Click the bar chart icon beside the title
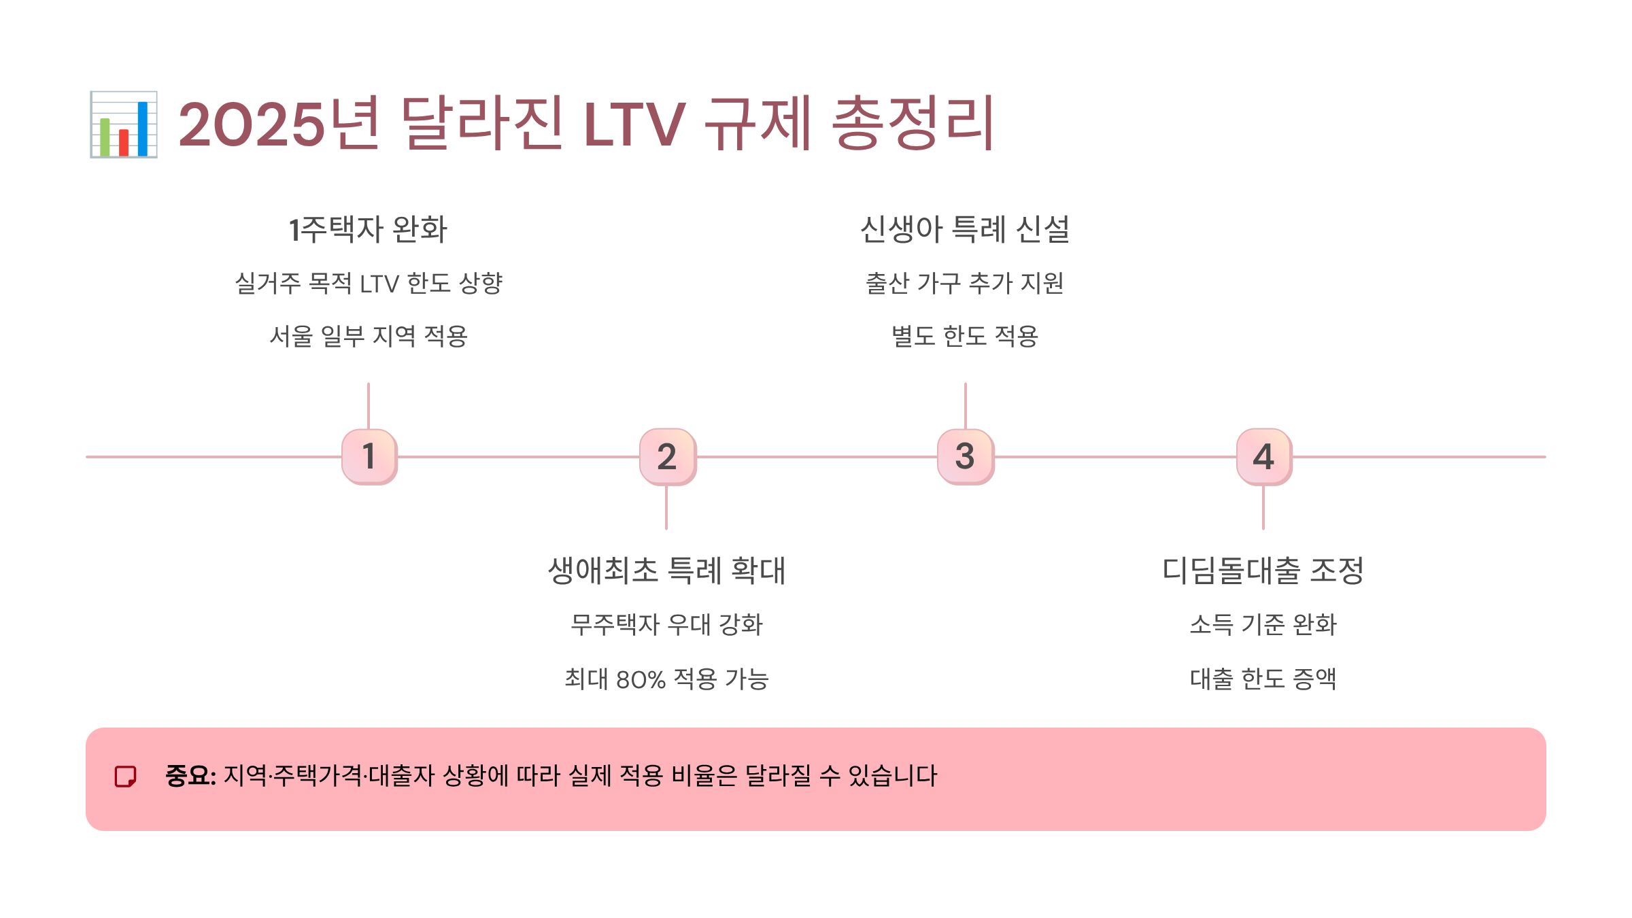coord(124,124)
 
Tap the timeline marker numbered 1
coord(369,456)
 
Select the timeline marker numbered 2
coord(667,456)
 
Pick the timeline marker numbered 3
coord(965,456)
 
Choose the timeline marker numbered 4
coord(1263,456)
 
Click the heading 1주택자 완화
coord(368,229)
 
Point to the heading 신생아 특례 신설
coord(965,229)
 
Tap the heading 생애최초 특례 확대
coord(666,571)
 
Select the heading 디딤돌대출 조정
coord(1263,571)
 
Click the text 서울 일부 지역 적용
coord(369,336)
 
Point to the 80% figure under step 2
coord(641,679)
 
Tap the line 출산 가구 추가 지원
coord(964,283)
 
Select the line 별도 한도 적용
coord(964,336)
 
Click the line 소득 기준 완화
coord(1263,624)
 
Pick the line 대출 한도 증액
coord(1263,679)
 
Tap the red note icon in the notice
coord(126,776)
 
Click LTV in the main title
coord(634,124)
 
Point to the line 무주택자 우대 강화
coord(666,624)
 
